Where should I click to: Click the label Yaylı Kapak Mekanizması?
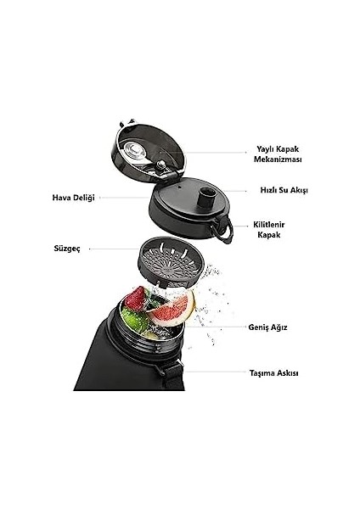[278, 154]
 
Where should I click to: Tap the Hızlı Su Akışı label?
[284, 190]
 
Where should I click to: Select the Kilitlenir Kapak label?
[268, 230]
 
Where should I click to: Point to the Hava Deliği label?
[73, 198]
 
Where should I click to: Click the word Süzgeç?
[67, 249]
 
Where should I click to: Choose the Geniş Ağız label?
[267, 327]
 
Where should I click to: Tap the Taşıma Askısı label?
[273, 373]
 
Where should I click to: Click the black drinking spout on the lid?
[207, 198]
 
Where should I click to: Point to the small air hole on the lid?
[179, 187]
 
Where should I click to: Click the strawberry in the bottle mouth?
[135, 298]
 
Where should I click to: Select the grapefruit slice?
[172, 310]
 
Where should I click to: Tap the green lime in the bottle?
[134, 320]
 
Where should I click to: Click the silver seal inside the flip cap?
[134, 152]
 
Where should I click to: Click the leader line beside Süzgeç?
[114, 249]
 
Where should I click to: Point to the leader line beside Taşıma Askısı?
[215, 372]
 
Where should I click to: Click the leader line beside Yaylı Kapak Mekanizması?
[216, 152]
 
